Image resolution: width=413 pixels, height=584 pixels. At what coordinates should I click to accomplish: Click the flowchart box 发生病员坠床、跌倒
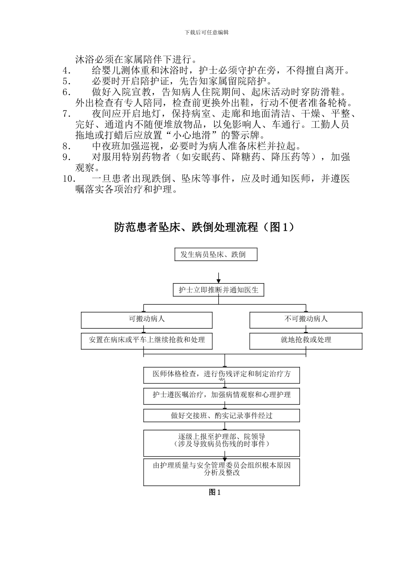(216, 255)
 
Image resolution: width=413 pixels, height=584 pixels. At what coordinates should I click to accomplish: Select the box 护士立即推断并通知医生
(218, 290)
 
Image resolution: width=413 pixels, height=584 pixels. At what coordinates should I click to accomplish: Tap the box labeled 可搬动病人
(147, 320)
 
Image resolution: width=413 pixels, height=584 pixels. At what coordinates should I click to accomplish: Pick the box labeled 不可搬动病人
(306, 320)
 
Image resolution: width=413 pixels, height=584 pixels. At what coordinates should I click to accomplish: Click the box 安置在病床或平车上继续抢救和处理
(147, 341)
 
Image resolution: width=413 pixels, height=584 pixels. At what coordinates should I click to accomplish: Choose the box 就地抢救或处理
(306, 341)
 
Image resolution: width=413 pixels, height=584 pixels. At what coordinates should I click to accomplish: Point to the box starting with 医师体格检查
(221, 375)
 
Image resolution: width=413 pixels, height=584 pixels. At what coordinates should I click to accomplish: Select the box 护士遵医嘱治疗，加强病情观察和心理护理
(221, 395)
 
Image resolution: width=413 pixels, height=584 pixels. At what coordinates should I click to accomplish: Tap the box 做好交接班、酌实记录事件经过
(221, 415)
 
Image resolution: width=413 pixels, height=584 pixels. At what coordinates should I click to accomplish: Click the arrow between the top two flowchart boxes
(218, 277)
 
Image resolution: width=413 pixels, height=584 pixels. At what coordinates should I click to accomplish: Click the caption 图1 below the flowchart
(215, 492)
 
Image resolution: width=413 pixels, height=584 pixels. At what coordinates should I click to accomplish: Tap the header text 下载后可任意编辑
(206, 32)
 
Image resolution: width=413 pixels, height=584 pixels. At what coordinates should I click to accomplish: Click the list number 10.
(69, 179)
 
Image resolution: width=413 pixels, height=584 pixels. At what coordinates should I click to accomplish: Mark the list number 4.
(67, 70)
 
